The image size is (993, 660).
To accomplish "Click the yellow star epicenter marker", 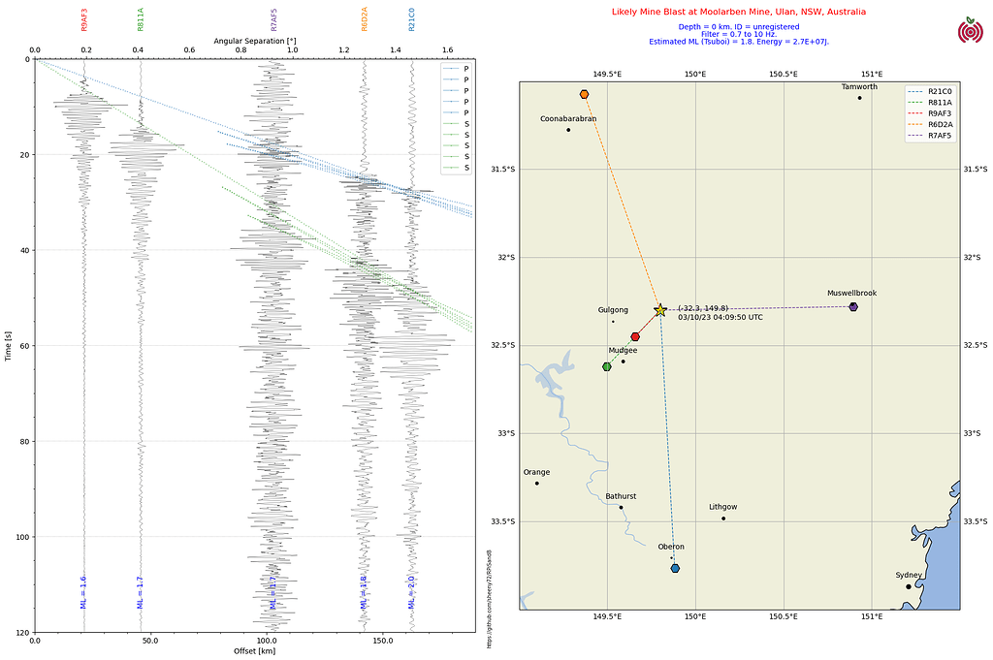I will click(660, 310).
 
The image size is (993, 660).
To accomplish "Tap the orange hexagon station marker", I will click(584, 94).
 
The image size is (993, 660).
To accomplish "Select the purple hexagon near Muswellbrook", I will click(853, 306).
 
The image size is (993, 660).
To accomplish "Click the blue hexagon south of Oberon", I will click(675, 568).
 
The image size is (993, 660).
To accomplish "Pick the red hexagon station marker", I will click(635, 336).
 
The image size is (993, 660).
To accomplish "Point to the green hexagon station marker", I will click(607, 366).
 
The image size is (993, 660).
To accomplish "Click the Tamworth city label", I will click(859, 87).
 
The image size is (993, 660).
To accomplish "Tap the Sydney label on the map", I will click(909, 576).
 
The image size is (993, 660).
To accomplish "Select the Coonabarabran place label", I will click(568, 119).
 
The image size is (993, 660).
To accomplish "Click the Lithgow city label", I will click(722, 507).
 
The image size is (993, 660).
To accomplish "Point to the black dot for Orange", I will click(536, 483).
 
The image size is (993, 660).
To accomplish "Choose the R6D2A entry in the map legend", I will click(939, 124).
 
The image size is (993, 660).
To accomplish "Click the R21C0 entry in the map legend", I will click(939, 91).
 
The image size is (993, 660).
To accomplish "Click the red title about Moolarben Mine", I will click(739, 13).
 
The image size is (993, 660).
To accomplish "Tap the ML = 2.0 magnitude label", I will click(411, 591).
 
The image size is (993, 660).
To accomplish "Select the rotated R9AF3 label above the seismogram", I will click(84, 20).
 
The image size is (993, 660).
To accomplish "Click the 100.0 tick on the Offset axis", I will click(267, 641).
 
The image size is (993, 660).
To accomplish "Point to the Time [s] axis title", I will click(9, 344).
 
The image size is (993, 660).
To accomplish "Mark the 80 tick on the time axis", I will click(23, 441).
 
